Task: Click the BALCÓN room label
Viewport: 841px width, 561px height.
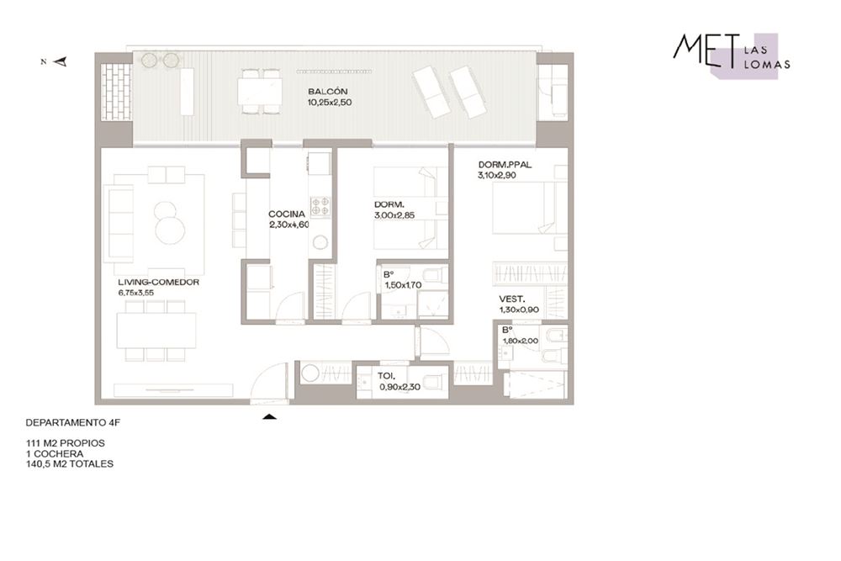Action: coord(328,92)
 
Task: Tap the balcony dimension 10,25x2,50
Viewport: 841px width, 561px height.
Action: coord(330,103)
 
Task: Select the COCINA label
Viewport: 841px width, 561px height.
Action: coord(287,214)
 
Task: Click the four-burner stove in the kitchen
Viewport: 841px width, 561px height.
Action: coord(320,207)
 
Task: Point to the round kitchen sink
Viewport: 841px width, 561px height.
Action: coord(320,243)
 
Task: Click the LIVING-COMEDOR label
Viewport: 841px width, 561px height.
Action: coord(158,282)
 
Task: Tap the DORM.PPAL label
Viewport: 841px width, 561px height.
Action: coord(504,165)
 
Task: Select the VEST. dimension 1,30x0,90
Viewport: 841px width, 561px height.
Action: coord(519,310)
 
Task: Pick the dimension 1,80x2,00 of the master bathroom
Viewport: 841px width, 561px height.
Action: coord(521,341)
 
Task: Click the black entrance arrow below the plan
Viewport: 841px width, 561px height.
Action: coord(269,416)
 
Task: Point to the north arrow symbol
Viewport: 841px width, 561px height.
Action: coord(61,61)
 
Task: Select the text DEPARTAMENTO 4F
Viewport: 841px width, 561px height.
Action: coord(73,422)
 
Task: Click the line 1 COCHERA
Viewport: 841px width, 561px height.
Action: coord(55,453)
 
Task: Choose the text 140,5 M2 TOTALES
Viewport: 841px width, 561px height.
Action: coord(70,464)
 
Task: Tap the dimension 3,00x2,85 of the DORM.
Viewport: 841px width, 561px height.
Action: coord(394,215)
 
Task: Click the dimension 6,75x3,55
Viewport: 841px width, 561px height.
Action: coord(136,293)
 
